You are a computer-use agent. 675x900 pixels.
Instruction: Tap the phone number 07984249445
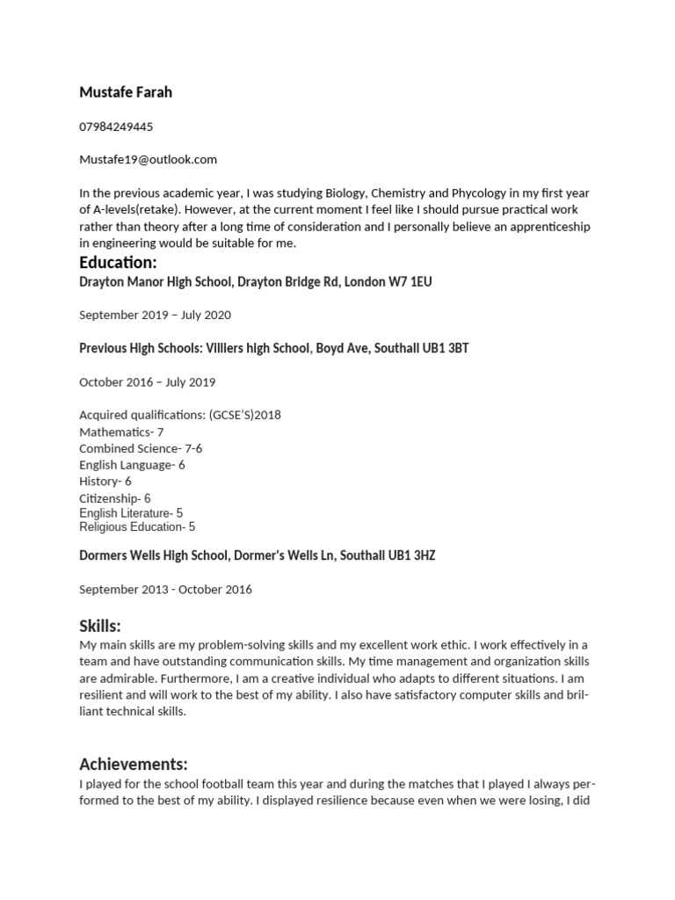(116, 127)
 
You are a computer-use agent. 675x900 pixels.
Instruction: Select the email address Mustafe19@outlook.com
(148, 159)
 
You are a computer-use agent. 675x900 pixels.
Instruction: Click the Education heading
(118, 263)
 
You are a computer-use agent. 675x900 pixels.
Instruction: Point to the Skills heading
(100, 626)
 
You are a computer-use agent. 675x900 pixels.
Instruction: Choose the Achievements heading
(134, 764)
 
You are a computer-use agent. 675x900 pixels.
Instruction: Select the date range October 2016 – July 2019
(147, 382)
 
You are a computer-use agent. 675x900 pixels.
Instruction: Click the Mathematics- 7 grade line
(121, 432)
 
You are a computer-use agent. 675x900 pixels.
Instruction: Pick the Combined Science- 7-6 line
(141, 448)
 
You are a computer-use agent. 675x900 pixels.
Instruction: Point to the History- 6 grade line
(105, 482)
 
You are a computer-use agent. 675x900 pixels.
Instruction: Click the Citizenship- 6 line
(115, 498)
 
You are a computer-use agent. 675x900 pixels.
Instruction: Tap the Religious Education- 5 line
(137, 527)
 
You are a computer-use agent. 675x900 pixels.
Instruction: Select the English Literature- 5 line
(131, 513)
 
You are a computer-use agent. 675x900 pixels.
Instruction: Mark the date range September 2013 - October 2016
(165, 589)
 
